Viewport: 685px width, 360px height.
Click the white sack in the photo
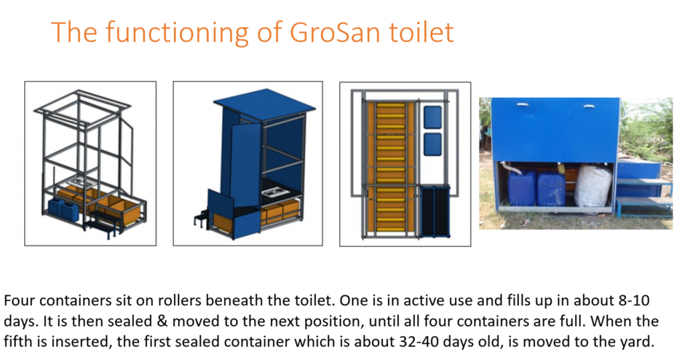593,185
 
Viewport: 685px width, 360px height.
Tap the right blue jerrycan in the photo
551,189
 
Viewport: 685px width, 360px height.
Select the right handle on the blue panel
589,106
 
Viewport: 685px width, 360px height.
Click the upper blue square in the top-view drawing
433,116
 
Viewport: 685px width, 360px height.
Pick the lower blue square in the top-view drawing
433,143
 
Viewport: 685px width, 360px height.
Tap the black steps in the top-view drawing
435,211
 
